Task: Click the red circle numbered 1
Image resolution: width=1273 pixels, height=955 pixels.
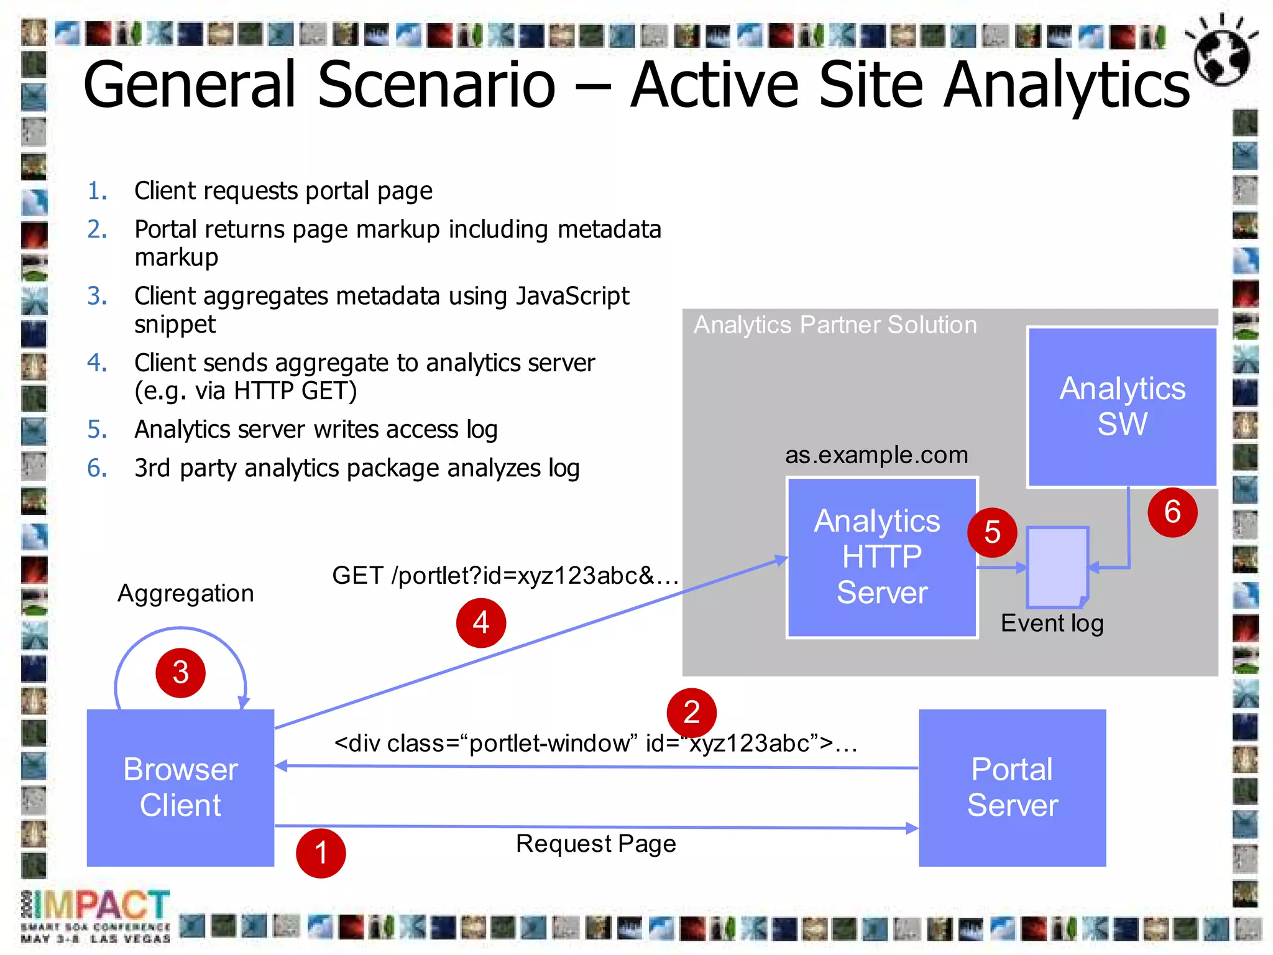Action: point(321,853)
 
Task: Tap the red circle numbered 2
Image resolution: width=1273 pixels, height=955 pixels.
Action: point(691,713)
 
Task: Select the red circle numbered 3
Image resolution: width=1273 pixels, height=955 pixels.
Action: point(181,673)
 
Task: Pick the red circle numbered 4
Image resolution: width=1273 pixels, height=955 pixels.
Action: point(481,623)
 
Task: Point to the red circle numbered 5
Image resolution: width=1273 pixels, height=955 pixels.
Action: point(992,533)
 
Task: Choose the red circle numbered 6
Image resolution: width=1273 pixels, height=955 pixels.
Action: point(1172,512)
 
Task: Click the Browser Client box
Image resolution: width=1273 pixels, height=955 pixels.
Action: point(180,788)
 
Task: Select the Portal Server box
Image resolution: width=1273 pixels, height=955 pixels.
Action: point(1012,788)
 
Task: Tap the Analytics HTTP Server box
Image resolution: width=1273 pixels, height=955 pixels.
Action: point(881,558)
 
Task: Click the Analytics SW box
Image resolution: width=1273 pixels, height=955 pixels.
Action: point(1122,407)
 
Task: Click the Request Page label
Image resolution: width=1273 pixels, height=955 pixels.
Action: point(595,844)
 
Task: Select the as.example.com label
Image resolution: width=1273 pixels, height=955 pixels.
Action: point(876,455)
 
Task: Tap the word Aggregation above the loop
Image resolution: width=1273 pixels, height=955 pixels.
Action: point(185,593)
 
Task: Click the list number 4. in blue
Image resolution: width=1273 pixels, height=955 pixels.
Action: point(97,362)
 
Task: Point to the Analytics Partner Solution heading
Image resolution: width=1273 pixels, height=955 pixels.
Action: point(835,325)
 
